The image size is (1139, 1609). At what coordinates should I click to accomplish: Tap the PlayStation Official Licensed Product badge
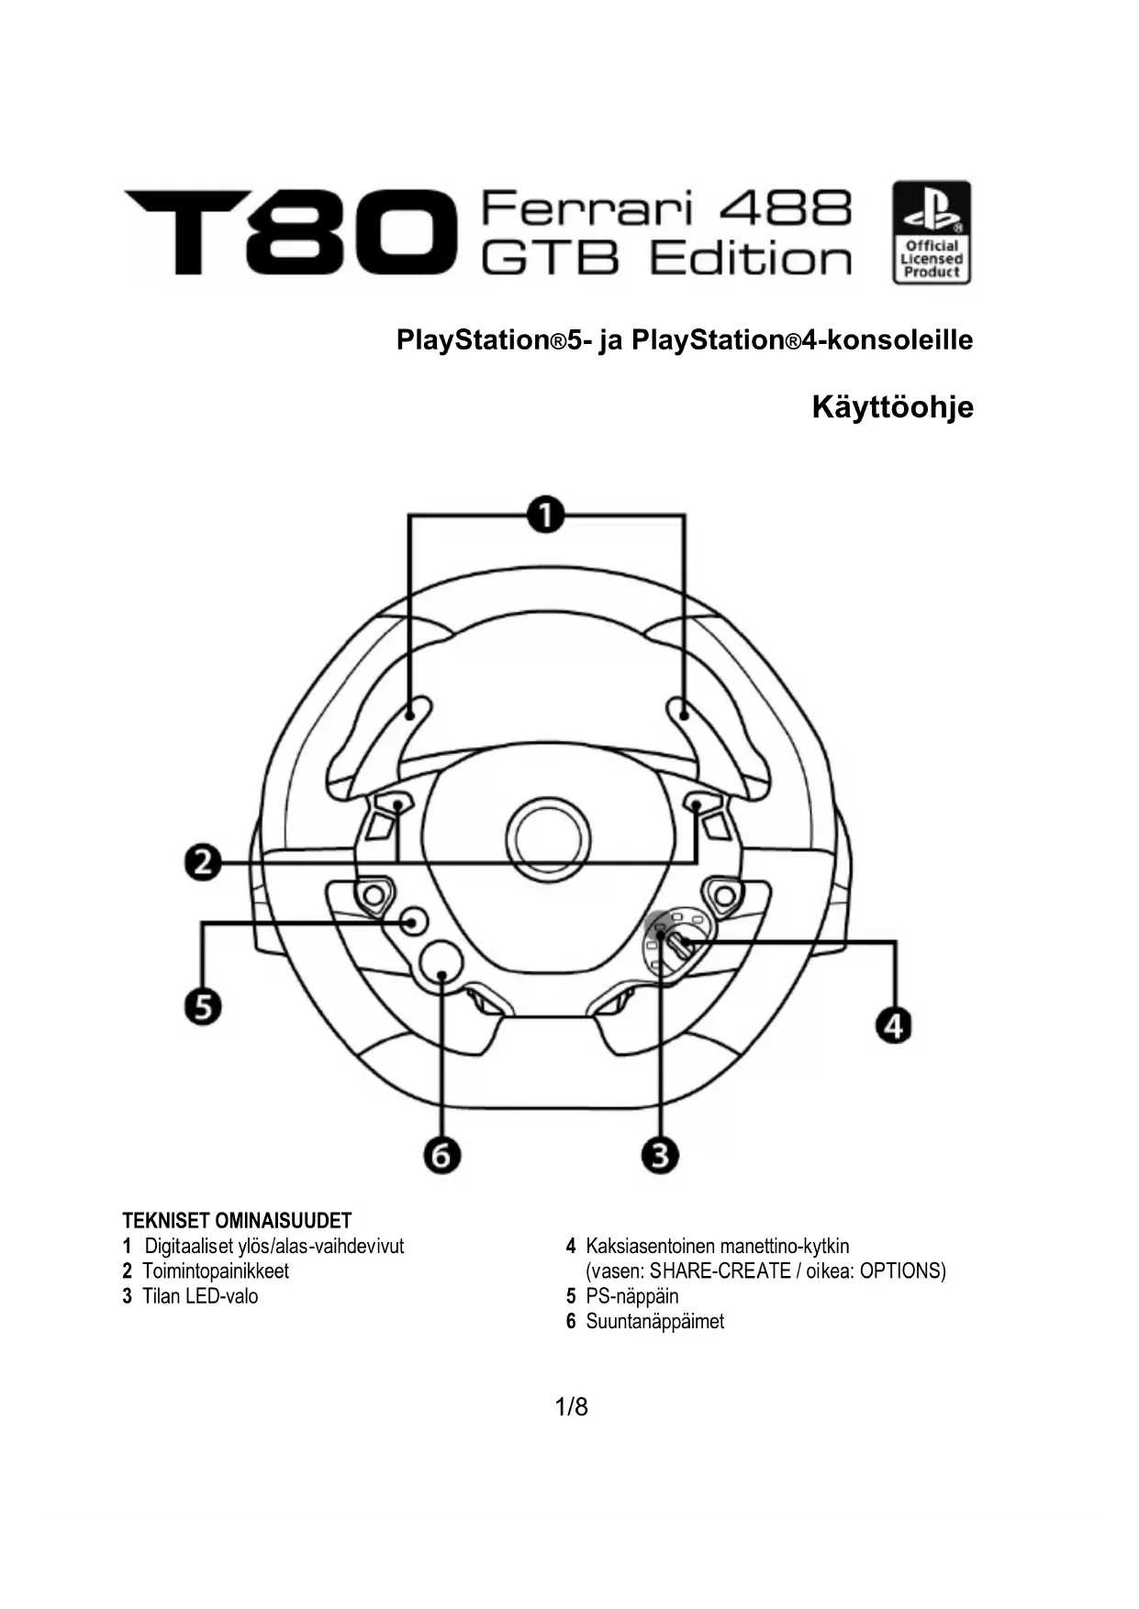coord(931,232)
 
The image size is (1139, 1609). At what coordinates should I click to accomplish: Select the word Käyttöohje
coord(892,406)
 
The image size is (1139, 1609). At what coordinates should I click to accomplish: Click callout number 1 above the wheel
coord(546,514)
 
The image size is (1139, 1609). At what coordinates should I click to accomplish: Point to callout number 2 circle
coord(203,863)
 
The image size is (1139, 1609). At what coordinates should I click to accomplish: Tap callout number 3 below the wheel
coord(660,1154)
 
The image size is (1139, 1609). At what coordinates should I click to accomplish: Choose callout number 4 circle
coord(895,1024)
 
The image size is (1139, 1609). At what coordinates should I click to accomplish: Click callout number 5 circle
coord(203,1006)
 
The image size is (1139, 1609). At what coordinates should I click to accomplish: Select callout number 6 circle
coord(441,1155)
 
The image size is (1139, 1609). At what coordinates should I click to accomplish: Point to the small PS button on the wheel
coord(414,921)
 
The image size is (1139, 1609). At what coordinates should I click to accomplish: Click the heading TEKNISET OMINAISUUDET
coord(237,1221)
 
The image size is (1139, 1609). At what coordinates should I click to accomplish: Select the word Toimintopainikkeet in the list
coord(215,1271)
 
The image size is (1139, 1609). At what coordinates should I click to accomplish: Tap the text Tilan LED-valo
coord(199,1296)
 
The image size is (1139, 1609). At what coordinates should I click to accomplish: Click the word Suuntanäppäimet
coord(654,1322)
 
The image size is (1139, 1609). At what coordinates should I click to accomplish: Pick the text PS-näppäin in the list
coord(631,1296)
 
